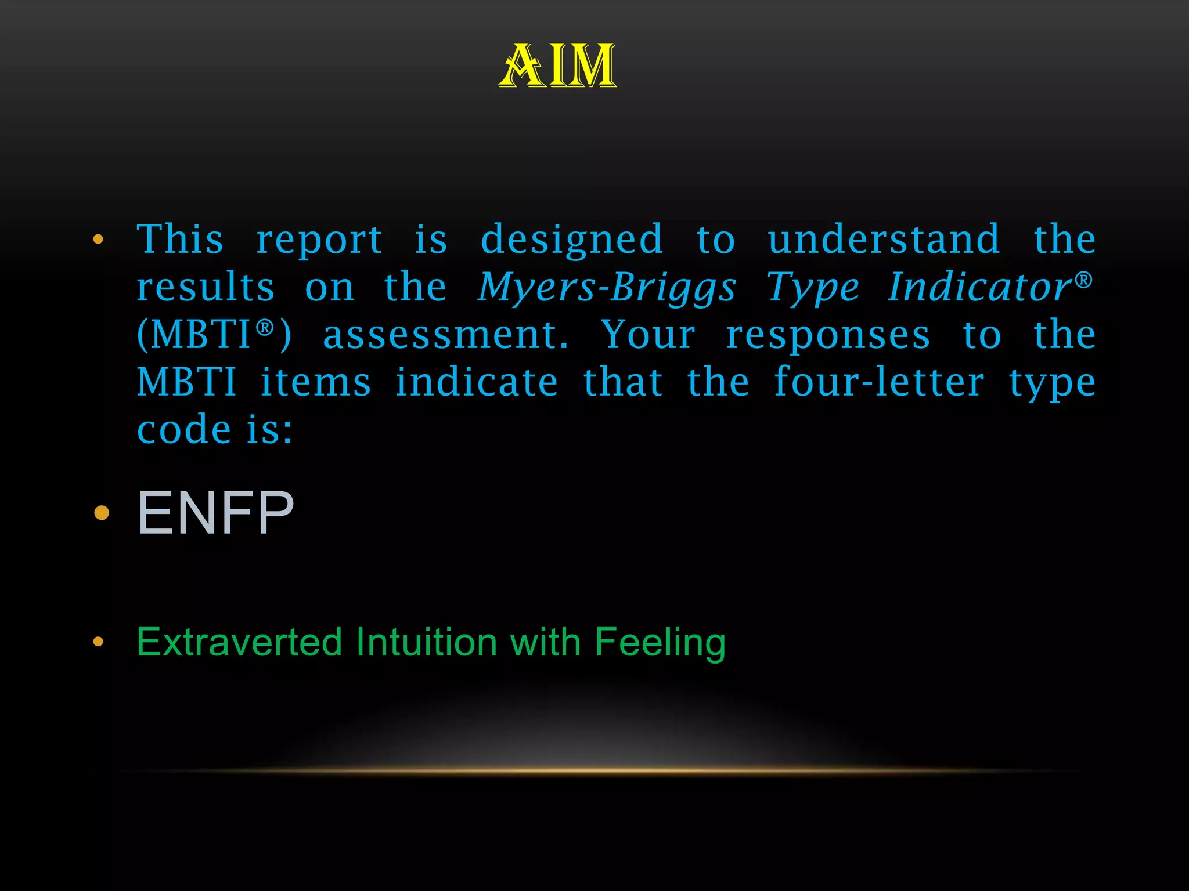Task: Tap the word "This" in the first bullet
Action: coord(180,239)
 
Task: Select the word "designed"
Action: coord(572,240)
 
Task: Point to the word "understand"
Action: coord(884,239)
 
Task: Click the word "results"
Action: coord(206,287)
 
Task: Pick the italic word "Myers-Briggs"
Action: coord(607,288)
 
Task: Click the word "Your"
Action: coord(648,335)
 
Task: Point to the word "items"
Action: coord(315,383)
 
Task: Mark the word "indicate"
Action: coord(477,383)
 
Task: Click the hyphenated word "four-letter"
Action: coord(879,383)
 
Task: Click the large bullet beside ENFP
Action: coord(102,513)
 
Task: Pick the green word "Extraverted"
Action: coord(239,642)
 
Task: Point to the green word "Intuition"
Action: coord(427,642)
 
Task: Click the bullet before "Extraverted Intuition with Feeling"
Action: coord(98,642)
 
